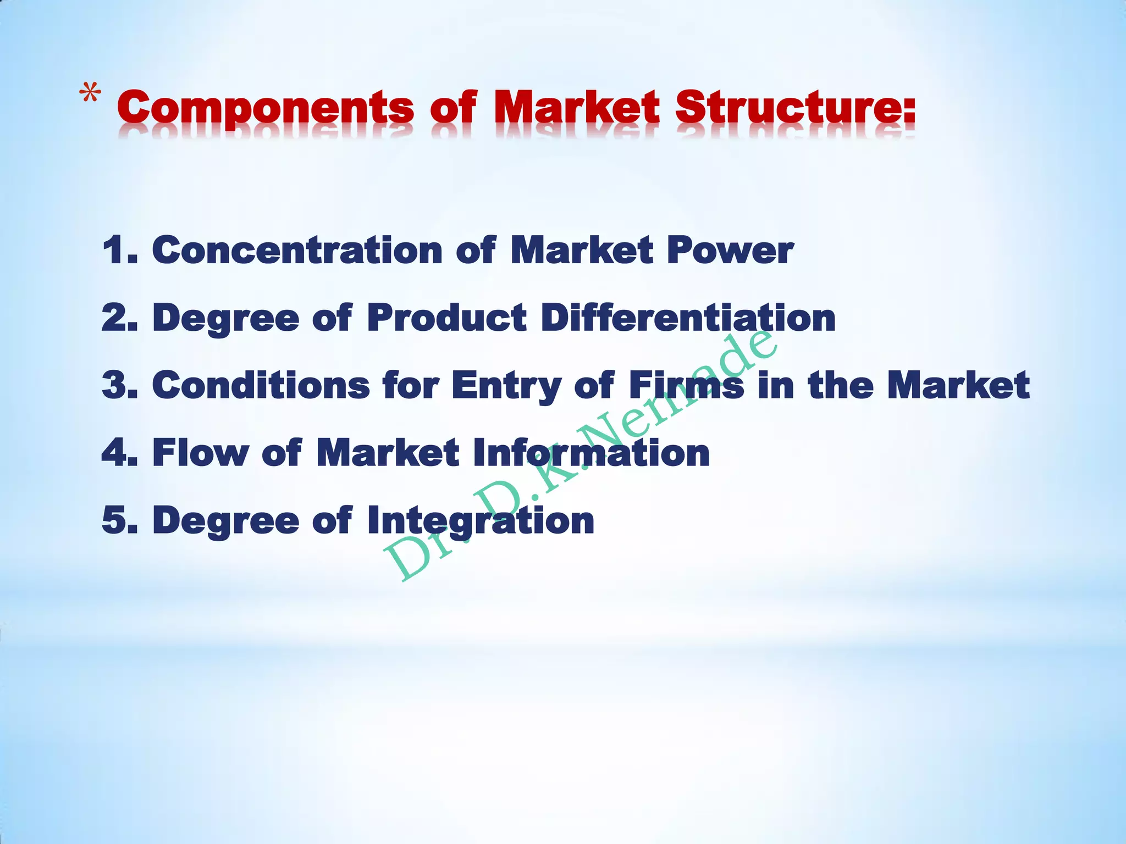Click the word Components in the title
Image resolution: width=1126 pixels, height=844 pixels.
click(265, 108)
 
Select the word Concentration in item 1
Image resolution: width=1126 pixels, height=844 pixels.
click(297, 250)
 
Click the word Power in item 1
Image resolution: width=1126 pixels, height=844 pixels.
click(730, 251)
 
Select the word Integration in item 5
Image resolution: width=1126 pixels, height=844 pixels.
click(481, 521)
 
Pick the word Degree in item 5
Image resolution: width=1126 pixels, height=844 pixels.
click(225, 521)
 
